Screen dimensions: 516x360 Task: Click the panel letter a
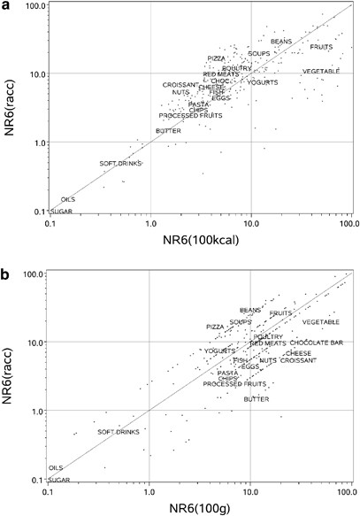7,7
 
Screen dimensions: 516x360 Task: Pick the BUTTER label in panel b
257,399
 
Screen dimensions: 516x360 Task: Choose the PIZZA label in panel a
217,58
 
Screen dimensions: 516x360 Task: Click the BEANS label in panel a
281,41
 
